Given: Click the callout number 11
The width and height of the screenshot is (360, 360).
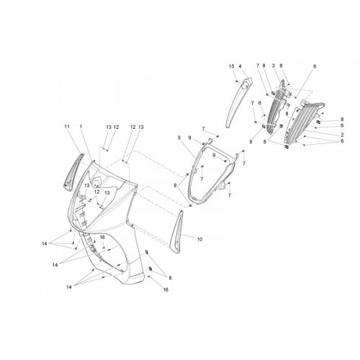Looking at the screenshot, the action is [67, 126].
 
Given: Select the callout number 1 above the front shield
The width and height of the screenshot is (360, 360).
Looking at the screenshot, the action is [81, 126].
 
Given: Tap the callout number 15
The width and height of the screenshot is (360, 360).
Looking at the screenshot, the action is [231, 66].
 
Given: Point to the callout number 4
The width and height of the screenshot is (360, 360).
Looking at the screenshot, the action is [240, 66].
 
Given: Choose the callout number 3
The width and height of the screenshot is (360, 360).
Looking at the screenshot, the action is [273, 66].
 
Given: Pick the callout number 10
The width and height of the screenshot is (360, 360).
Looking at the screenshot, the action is [199, 239].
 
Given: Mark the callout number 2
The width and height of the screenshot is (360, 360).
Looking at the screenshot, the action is [342, 135].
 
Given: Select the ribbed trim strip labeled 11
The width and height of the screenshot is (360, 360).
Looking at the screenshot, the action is [73, 171].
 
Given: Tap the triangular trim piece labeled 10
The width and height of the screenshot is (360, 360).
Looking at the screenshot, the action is [177, 232].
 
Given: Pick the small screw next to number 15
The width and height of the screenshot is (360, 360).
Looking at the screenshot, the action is [236, 81].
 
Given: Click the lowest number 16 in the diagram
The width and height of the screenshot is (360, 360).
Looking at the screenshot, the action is [166, 289].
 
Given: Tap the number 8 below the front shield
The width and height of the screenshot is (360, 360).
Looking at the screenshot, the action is [170, 278].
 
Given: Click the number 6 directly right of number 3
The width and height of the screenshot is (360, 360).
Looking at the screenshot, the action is [281, 66].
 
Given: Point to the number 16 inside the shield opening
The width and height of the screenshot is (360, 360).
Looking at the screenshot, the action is [102, 238].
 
